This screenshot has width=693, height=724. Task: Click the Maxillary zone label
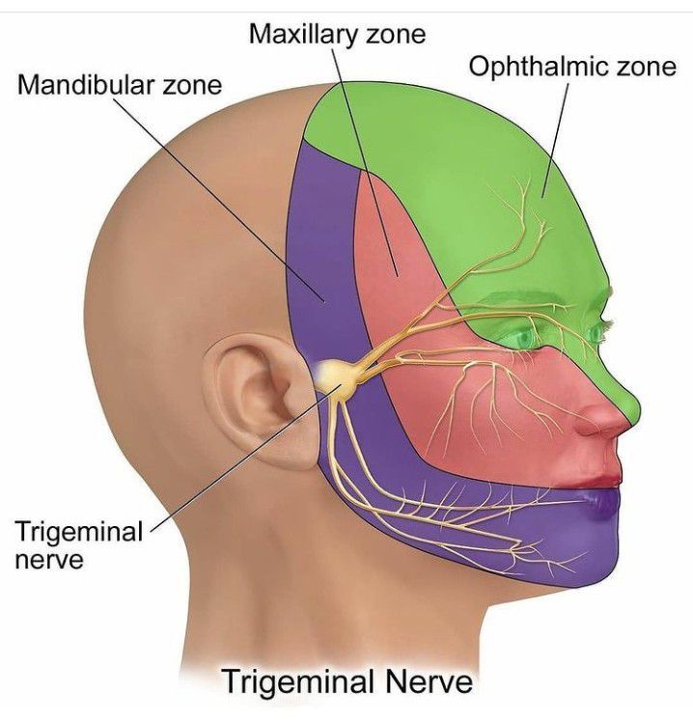click(337, 35)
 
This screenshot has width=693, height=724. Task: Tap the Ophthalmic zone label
click(572, 67)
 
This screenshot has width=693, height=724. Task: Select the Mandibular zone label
click(120, 85)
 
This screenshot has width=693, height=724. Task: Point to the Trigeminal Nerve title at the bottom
click(347, 682)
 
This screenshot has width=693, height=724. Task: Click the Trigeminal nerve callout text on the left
click(79, 545)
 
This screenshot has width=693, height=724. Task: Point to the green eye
click(527, 339)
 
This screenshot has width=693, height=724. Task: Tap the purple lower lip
click(600, 501)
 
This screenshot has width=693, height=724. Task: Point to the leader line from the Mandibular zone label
click(219, 200)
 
